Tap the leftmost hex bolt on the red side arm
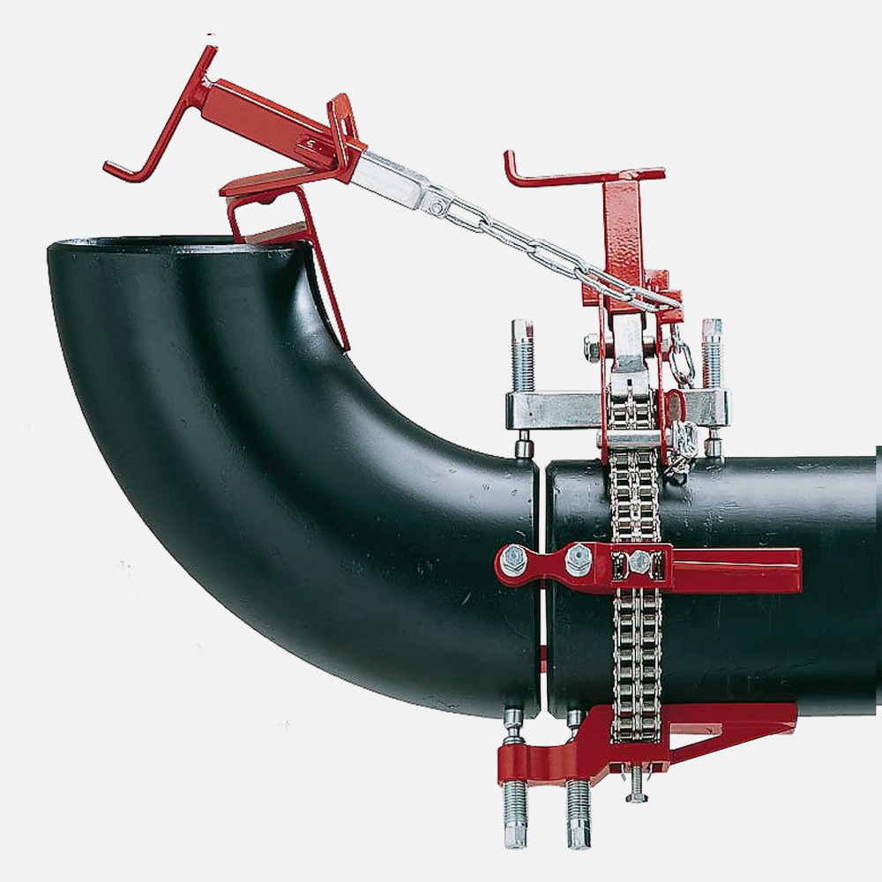(512, 561)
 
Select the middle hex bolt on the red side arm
(578, 559)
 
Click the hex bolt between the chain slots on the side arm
(638, 562)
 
